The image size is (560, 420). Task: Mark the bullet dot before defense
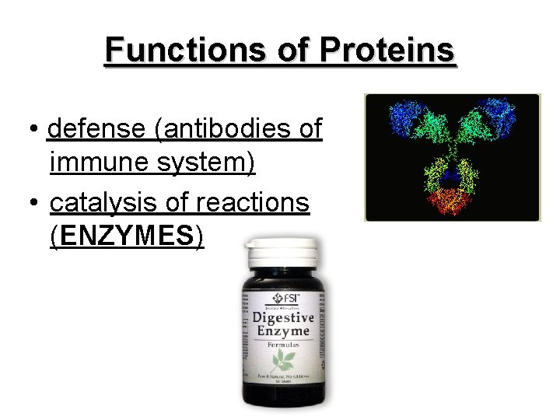pyautogui.click(x=36, y=130)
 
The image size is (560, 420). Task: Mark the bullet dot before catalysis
pyautogui.click(x=36, y=202)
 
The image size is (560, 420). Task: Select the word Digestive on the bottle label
pyautogui.click(x=282, y=317)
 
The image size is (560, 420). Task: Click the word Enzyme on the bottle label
pyautogui.click(x=282, y=332)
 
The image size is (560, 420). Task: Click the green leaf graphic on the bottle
pyautogui.click(x=282, y=359)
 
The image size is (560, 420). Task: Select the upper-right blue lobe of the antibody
pyautogui.click(x=498, y=117)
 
